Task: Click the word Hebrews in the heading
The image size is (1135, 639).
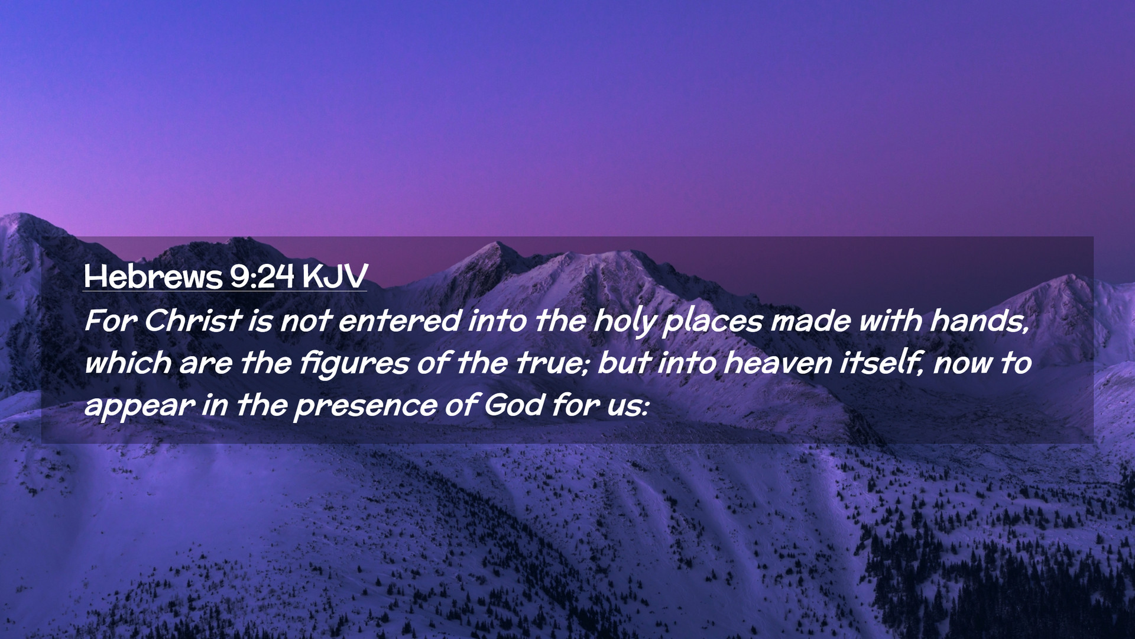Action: pos(153,276)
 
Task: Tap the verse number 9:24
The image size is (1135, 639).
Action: pos(262,276)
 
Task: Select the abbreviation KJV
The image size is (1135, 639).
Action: pos(335,276)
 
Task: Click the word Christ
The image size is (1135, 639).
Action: pos(192,321)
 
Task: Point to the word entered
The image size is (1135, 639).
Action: pos(399,321)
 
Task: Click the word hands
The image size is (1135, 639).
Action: pos(979,321)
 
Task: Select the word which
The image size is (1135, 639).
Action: pos(127,363)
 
